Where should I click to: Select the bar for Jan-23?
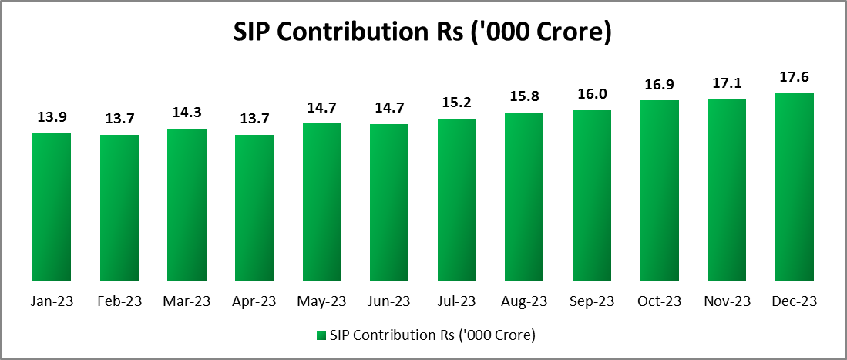pyautogui.click(x=52, y=207)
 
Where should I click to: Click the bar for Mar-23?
pyautogui.click(x=187, y=204)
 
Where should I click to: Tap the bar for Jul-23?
pyautogui.click(x=456, y=200)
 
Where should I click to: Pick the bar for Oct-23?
pyautogui.click(x=659, y=190)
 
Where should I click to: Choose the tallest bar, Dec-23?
pyautogui.click(x=794, y=187)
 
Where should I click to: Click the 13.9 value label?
pyautogui.click(x=52, y=118)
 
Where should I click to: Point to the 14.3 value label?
pyautogui.click(x=187, y=113)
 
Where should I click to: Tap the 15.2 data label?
pyautogui.click(x=456, y=103)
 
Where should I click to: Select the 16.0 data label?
pyautogui.click(x=592, y=95)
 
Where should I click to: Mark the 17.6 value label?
pyautogui.click(x=794, y=77)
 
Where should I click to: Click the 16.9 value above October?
pyautogui.click(x=659, y=84)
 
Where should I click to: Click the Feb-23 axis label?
pyautogui.click(x=119, y=301)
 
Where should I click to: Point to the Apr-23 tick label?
pyautogui.click(x=254, y=301)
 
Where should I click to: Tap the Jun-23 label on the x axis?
pyautogui.click(x=389, y=301)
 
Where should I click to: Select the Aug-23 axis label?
pyautogui.click(x=524, y=301)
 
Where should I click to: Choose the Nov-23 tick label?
pyautogui.click(x=726, y=301)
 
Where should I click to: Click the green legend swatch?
pyautogui.click(x=321, y=335)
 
